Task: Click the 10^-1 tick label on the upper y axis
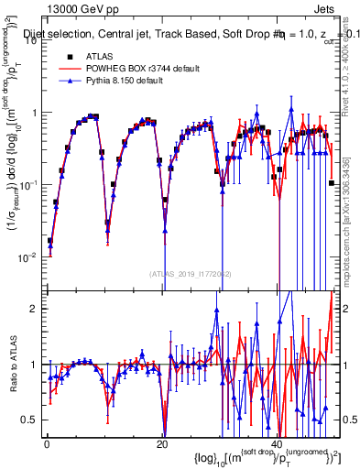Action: click(29, 185)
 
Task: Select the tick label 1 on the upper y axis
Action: click(35, 114)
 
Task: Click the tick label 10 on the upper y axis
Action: click(32, 42)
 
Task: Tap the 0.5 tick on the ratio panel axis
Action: click(31, 420)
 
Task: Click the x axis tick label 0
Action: click(47, 443)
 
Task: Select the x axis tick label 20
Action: click(162, 443)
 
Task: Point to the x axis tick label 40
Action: click(278, 443)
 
